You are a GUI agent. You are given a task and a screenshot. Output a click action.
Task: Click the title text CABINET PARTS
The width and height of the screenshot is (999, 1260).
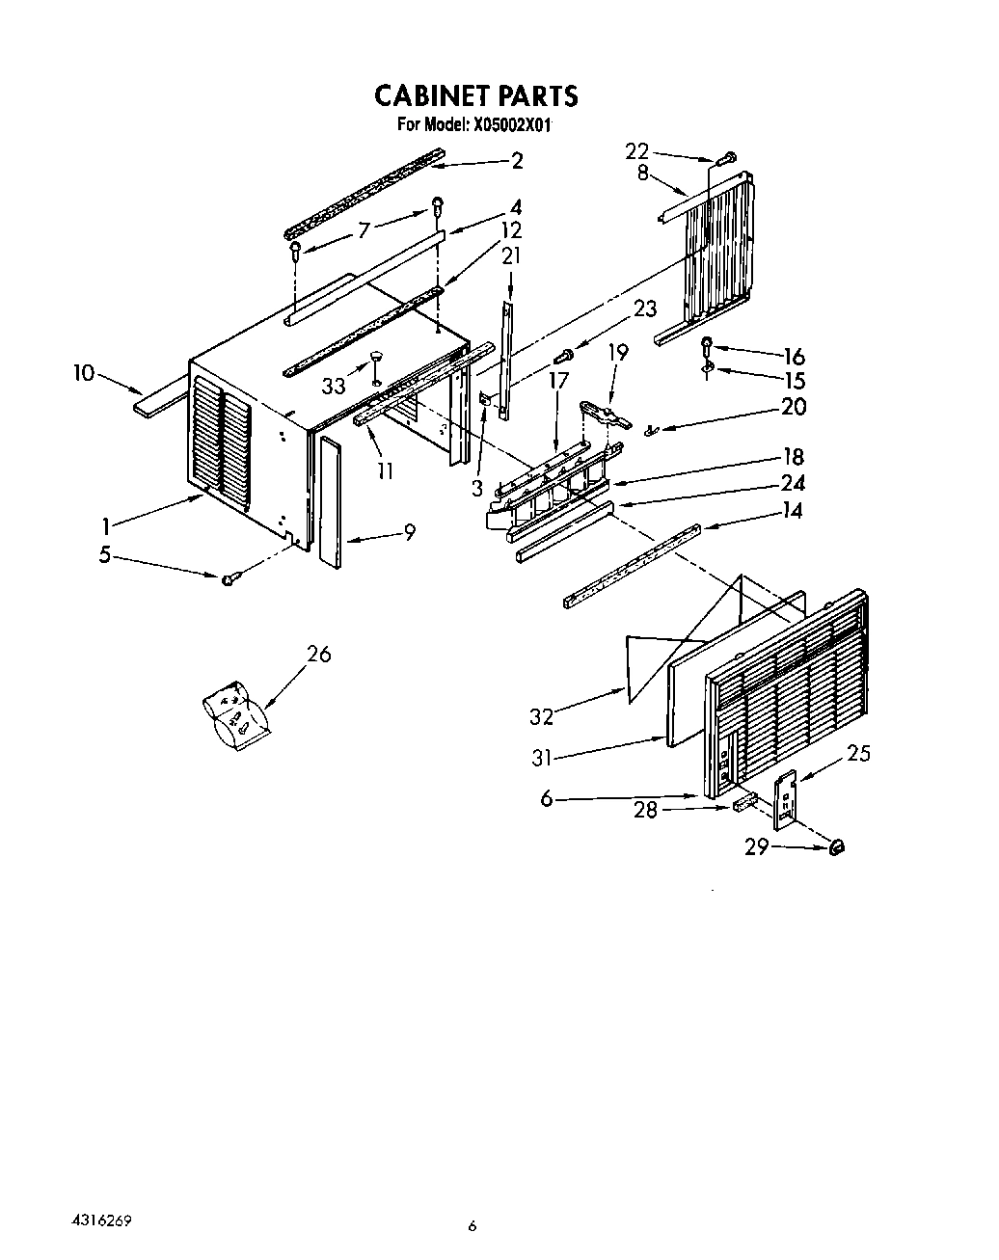tap(475, 95)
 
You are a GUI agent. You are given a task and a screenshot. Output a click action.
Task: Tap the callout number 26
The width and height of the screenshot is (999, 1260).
tap(318, 654)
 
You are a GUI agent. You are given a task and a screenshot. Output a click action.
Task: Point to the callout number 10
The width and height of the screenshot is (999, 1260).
tap(84, 372)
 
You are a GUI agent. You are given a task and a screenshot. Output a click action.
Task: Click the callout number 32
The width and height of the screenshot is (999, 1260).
tap(543, 716)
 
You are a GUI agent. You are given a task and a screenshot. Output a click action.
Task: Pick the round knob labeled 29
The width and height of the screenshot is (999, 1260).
tap(835, 846)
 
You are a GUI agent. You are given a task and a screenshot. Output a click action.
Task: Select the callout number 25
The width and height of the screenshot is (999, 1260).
tap(857, 752)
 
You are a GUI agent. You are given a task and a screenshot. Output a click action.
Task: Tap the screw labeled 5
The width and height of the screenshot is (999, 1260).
tap(229, 579)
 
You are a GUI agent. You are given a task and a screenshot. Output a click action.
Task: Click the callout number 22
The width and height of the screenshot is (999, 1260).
tap(637, 150)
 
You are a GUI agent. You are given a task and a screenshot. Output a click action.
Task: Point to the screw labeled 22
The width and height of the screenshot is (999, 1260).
tap(729, 157)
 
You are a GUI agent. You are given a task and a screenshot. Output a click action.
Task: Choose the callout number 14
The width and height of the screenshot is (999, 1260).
tap(792, 511)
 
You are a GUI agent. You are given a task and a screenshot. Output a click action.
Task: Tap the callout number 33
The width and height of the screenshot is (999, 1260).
tap(334, 386)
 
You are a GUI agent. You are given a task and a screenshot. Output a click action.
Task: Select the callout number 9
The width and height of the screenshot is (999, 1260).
tap(410, 531)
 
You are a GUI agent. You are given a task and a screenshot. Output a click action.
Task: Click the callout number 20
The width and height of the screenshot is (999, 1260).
tap(793, 407)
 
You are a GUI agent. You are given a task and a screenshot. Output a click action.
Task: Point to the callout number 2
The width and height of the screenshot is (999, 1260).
tap(517, 161)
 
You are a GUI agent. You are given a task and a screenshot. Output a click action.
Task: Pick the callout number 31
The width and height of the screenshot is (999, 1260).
tap(542, 759)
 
